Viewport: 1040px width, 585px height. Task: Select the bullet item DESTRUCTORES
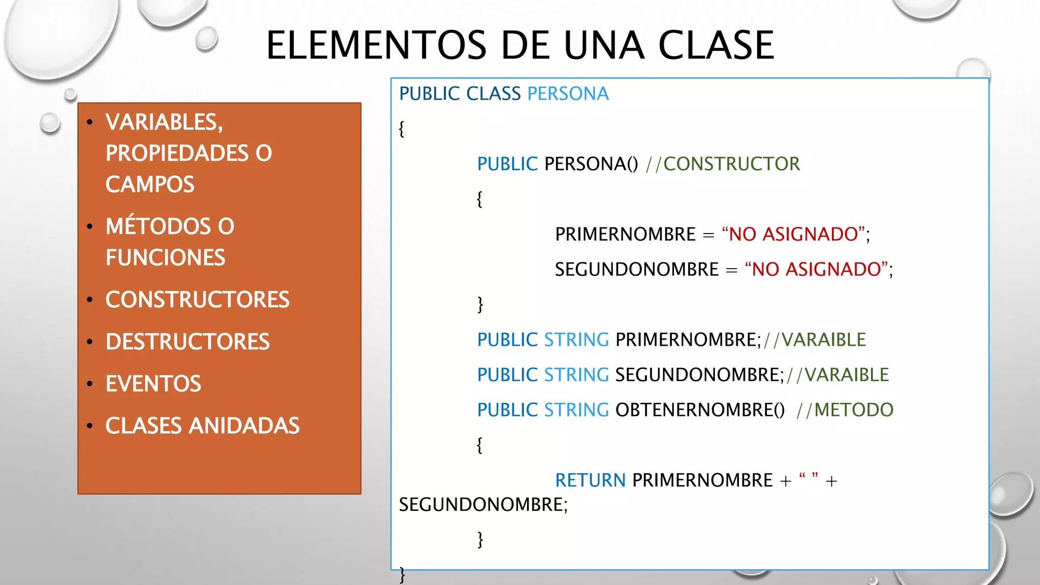(x=187, y=342)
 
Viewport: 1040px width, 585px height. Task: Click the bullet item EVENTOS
(x=153, y=384)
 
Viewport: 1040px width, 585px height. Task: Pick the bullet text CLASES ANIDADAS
(x=202, y=426)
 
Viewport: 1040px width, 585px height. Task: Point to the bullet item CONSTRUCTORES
(x=197, y=300)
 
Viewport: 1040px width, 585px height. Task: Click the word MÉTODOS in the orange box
(x=158, y=226)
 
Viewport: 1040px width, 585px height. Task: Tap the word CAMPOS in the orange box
(x=150, y=184)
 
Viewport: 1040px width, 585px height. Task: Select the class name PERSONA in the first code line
(x=568, y=94)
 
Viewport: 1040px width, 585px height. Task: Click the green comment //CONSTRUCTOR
(x=723, y=164)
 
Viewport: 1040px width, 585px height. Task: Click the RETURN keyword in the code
(x=590, y=480)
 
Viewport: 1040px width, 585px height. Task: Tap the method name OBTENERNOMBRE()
(x=700, y=410)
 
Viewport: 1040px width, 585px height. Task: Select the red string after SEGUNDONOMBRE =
(x=816, y=269)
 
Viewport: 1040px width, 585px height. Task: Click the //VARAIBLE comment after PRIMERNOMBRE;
(x=815, y=340)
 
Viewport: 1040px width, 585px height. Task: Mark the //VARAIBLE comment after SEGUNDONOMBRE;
(x=838, y=375)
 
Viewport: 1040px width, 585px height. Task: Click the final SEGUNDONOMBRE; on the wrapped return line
(x=483, y=505)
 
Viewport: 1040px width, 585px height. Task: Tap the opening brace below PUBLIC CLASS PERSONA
(x=402, y=128)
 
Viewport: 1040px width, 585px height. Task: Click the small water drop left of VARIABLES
(x=50, y=123)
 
